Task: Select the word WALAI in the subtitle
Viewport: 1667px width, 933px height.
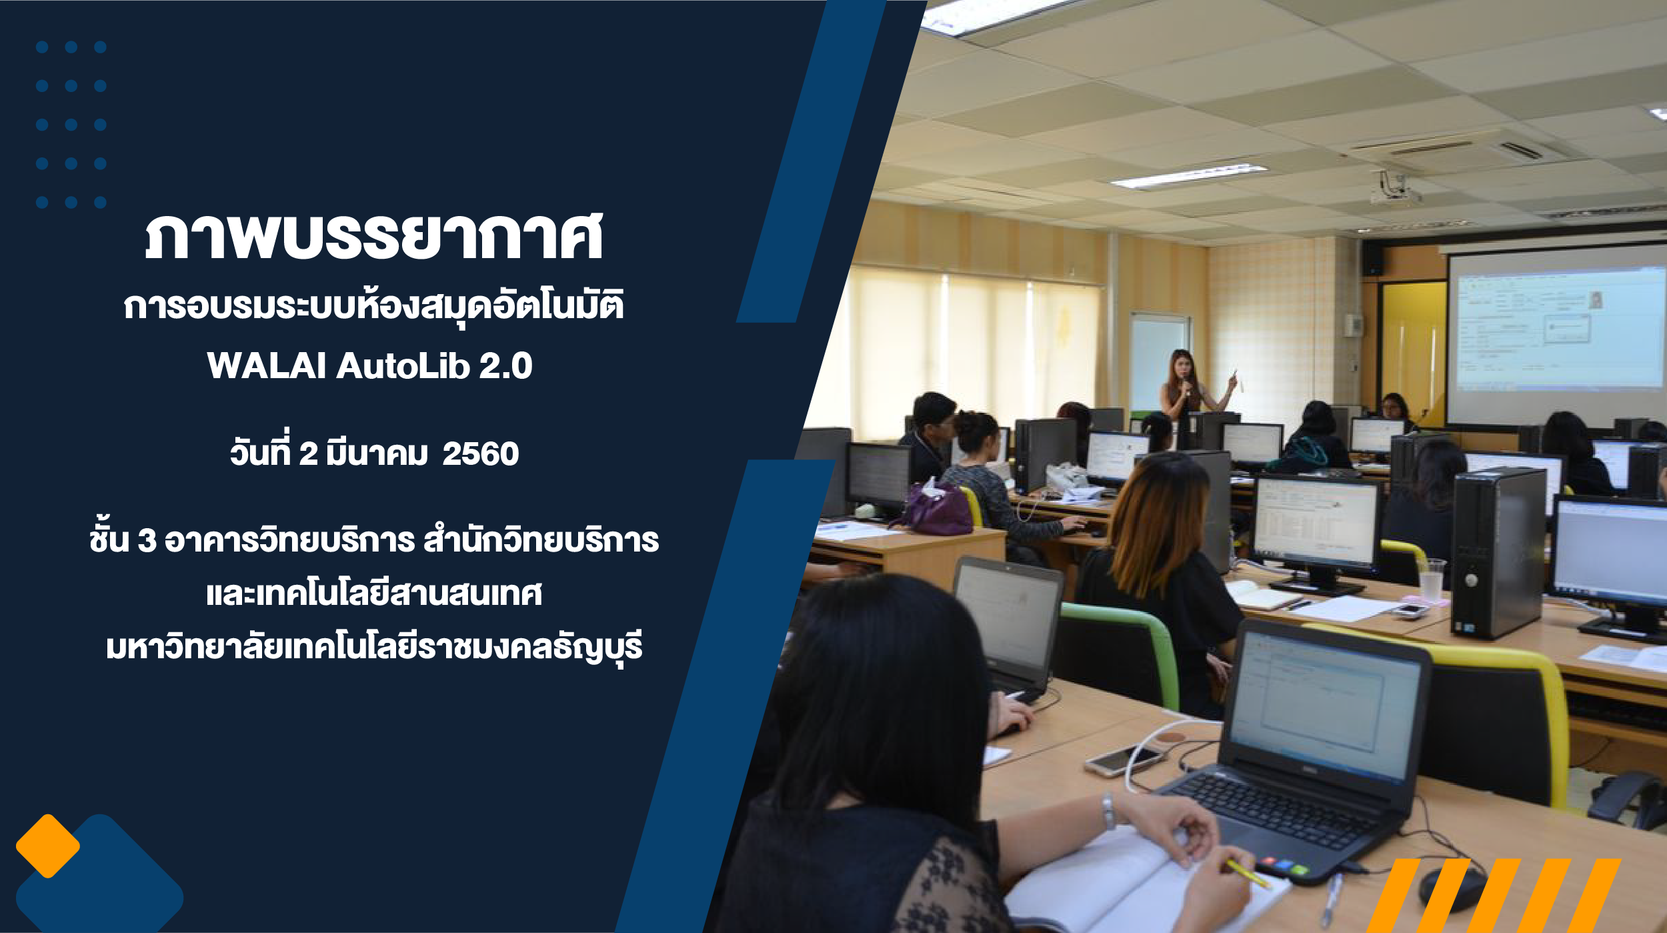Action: pos(266,365)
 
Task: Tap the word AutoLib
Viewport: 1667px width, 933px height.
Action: pos(403,365)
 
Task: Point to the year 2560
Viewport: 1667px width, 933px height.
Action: pos(480,454)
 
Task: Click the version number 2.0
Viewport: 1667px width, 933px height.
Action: pos(505,365)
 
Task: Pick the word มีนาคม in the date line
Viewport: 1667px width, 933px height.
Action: pos(377,453)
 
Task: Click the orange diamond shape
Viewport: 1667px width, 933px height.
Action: pos(48,846)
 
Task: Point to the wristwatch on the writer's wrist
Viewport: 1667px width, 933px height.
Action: pos(1108,812)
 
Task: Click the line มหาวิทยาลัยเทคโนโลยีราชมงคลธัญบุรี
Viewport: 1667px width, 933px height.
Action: pos(374,647)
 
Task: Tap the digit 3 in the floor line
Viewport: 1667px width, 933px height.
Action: pos(147,540)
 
